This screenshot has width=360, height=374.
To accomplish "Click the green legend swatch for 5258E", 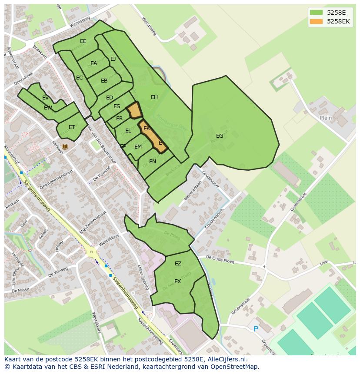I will (x=316, y=13).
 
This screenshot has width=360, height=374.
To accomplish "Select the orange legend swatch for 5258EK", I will (x=316, y=21).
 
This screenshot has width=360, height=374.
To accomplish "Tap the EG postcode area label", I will (x=220, y=136).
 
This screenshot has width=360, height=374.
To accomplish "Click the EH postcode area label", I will (x=154, y=97).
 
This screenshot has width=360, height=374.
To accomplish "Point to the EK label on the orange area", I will (x=147, y=129).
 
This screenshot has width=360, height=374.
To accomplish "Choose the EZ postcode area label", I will (x=178, y=264).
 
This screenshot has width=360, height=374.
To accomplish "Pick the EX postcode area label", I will (x=177, y=281).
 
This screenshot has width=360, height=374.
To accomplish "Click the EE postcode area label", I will (x=83, y=41).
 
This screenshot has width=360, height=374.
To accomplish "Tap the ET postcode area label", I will (x=72, y=127).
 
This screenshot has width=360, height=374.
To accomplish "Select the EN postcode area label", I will (x=153, y=162).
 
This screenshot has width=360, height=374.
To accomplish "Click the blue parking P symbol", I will (x=256, y=329).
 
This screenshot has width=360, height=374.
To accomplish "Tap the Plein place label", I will (x=326, y=118).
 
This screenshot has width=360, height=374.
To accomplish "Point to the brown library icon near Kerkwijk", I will (x=65, y=147).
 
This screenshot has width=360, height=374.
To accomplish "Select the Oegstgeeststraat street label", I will (x=56, y=180).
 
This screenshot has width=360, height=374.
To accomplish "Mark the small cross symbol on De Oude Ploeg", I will (x=264, y=266).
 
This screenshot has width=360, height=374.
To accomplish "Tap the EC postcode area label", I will (x=80, y=78).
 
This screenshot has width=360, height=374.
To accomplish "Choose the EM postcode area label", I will (x=138, y=147).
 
